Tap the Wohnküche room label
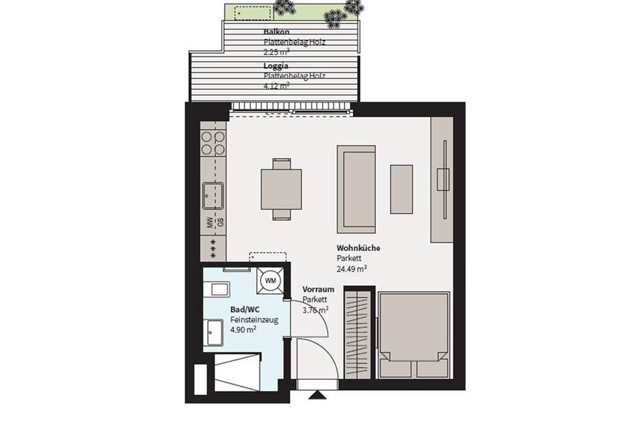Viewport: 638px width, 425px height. (x=358, y=247)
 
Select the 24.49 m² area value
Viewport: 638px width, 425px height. (x=352, y=268)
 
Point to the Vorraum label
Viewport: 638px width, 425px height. (x=319, y=289)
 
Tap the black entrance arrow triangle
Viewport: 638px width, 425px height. (x=317, y=396)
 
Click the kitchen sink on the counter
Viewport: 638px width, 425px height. (x=213, y=195)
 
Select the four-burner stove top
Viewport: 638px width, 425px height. (x=213, y=143)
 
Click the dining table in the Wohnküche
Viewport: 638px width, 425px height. (x=282, y=189)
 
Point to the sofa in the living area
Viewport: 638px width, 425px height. (x=356, y=189)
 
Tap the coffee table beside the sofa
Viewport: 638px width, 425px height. (x=401, y=189)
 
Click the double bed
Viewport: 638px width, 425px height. (x=413, y=334)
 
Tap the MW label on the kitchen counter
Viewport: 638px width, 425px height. (x=208, y=223)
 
